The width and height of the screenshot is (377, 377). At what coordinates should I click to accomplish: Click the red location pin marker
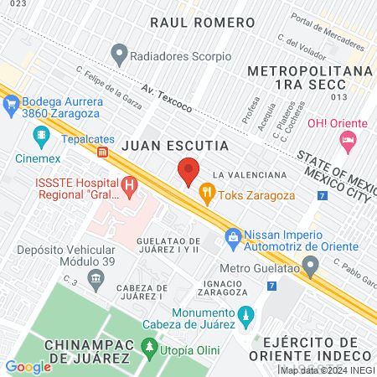(188, 172)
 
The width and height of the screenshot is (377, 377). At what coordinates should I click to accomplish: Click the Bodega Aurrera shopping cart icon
(11, 105)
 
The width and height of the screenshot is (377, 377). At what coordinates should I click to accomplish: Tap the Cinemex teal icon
(40, 135)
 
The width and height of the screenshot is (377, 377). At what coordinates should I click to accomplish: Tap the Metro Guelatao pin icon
(311, 268)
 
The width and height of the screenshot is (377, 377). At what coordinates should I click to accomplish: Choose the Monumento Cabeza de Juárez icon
(245, 317)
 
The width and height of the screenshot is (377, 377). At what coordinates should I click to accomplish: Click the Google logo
(28, 366)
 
